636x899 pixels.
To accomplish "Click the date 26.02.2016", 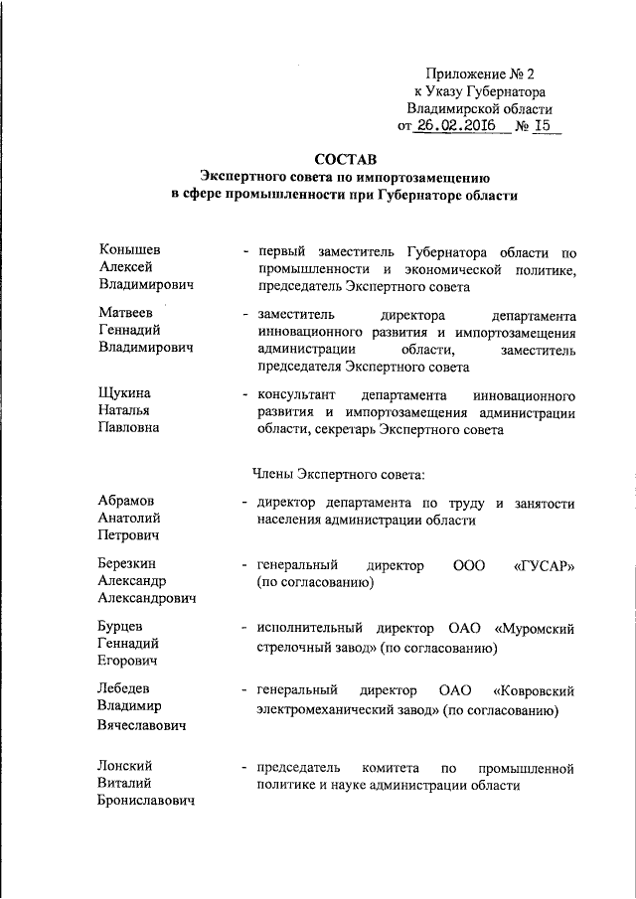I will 457,126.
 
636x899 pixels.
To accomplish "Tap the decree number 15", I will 542,126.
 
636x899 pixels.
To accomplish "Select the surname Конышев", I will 129,248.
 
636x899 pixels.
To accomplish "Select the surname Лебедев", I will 130,689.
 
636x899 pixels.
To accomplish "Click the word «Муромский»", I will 537,629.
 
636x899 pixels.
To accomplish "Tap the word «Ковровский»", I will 534,690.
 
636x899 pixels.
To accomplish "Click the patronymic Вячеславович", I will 144,725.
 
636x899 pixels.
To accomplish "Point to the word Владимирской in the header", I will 452,108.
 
